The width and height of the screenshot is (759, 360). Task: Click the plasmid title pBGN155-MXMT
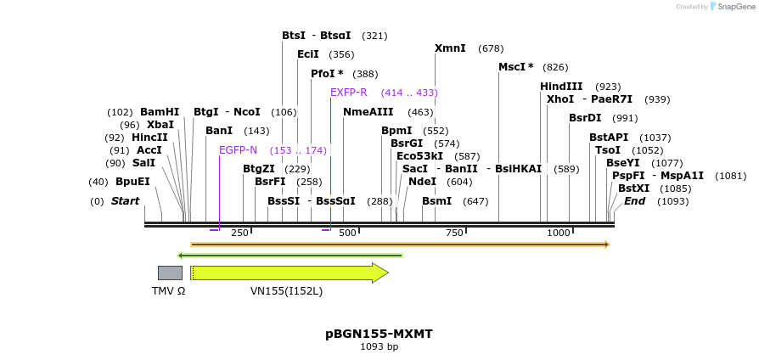point(379,334)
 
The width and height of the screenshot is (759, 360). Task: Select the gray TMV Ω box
point(170,273)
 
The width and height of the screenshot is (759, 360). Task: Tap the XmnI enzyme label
point(450,48)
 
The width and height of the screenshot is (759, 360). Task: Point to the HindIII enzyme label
point(561,87)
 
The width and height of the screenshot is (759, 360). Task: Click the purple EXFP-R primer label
point(348,93)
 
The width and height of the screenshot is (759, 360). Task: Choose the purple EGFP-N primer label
point(238,150)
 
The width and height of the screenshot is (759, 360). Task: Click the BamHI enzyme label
point(160,112)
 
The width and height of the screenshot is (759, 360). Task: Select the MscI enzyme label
point(515,67)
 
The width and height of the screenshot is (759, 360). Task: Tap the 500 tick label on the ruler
point(347,233)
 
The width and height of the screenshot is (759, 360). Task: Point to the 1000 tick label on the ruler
point(559,233)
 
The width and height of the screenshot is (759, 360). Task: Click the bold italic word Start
point(125,201)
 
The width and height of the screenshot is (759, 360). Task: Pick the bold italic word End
point(634,201)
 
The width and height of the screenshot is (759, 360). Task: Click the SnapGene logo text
point(733,7)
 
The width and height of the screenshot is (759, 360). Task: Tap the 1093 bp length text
point(379,346)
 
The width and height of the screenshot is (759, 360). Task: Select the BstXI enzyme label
point(633,188)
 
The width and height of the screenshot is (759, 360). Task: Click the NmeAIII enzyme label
point(368,112)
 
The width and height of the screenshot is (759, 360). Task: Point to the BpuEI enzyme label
point(132,182)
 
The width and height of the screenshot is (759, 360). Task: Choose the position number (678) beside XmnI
point(491,48)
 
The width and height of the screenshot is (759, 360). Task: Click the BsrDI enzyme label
point(585,118)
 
